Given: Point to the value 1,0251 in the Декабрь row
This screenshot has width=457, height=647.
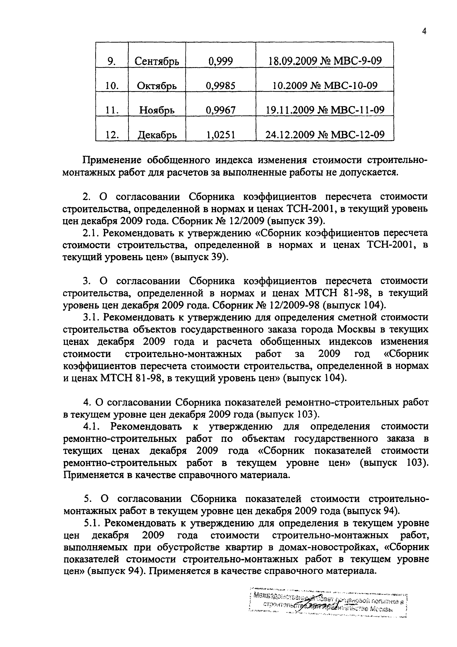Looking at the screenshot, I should (x=221, y=135).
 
